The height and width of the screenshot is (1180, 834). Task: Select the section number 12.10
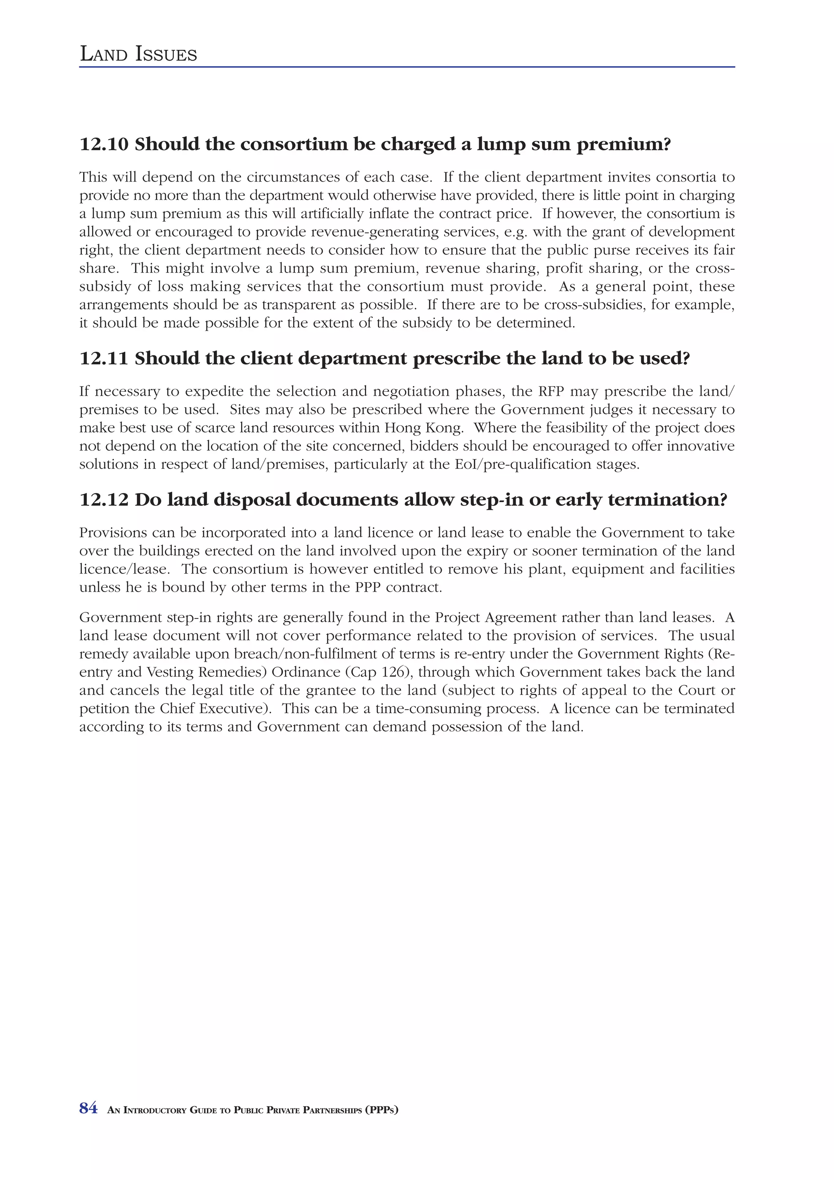click(x=104, y=145)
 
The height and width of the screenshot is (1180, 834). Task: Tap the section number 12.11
click(x=104, y=359)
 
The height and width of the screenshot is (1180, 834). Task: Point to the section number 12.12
click(x=104, y=500)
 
